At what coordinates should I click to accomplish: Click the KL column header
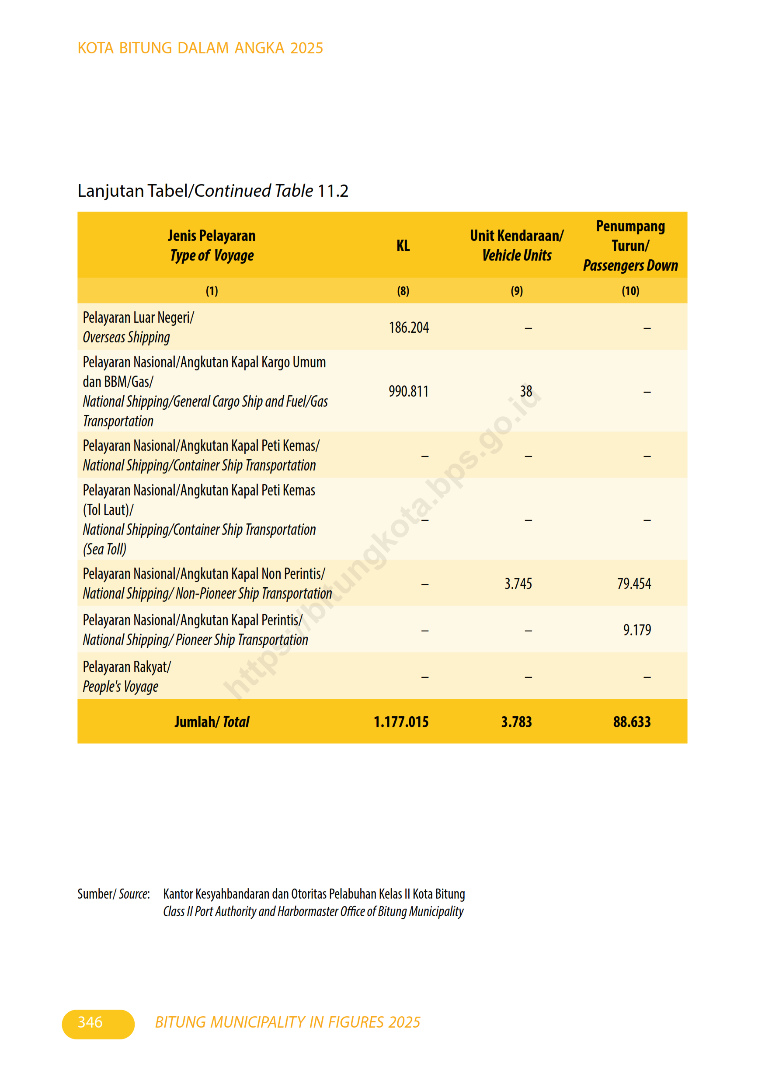[x=403, y=245]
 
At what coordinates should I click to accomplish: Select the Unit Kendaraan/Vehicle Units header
[x=516, y=245]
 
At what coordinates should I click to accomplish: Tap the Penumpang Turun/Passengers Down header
[x=630, y=245]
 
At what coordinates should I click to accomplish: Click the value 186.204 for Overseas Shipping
[x=409, y=328]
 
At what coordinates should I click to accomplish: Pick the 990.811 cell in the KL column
[x=408, y=391]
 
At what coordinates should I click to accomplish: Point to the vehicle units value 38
[x=526, y=391]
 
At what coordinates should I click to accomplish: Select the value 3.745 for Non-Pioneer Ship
[x=518, y=584]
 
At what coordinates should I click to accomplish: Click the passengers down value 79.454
[x=634, y=584]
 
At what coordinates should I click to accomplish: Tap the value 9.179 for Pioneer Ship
[x=636, y=630]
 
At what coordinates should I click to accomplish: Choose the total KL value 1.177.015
[x=401, y=722]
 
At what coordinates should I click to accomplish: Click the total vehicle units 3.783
[x=516, y=722]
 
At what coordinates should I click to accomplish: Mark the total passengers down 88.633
[x=632, y=722]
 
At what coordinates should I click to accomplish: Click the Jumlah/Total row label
[x=212, y=722]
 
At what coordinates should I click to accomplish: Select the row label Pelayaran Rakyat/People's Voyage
[x=126, y=676]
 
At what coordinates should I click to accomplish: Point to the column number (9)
[x=516, y=291]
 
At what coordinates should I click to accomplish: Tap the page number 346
[x=90, y=1022]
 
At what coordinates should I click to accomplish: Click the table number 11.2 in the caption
[x=333, y=191]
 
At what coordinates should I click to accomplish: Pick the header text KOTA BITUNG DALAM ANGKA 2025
[x=200, y=48]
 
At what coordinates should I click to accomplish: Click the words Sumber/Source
[x=114, y=894]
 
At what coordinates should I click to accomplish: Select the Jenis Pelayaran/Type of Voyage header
[x=212, y=245]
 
